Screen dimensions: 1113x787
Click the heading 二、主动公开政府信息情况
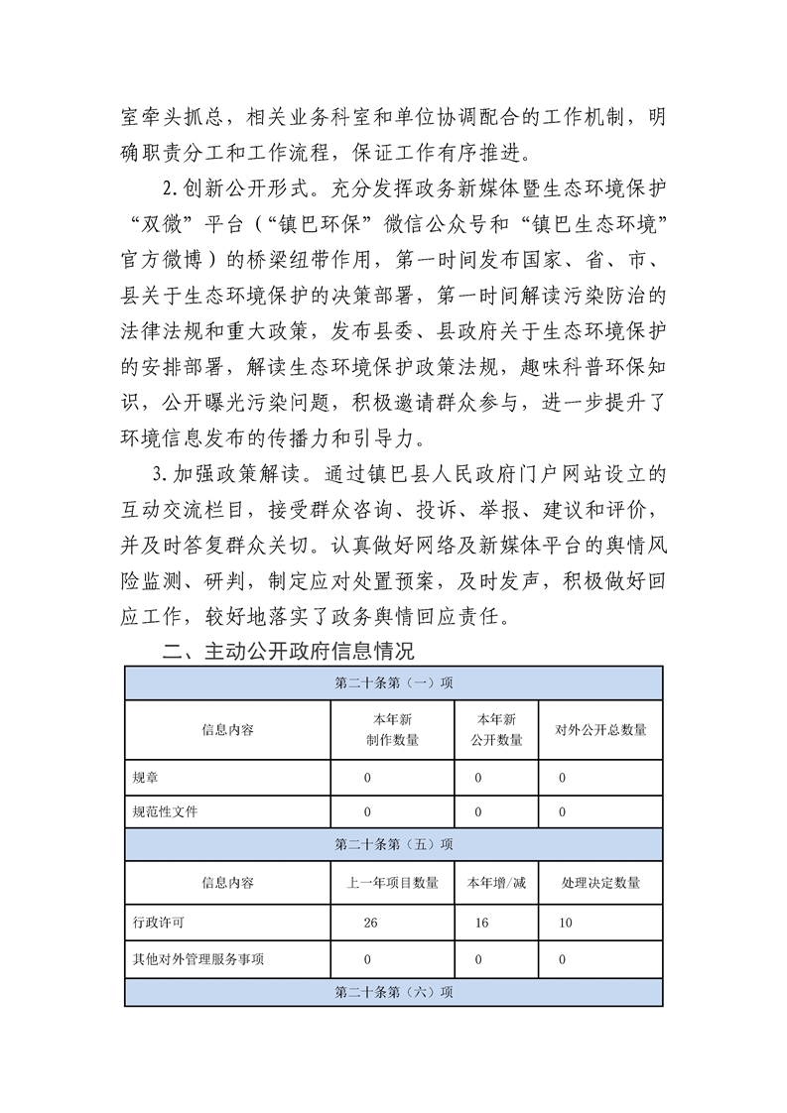pyautogui.click(x=287, y=653)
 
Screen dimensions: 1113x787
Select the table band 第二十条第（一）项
pyautogui.click(x=394, y=683)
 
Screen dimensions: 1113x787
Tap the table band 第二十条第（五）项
pyautogui.click(x=394, y=845)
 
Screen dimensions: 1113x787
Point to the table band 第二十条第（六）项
pyautogui.click(x=394, y=992)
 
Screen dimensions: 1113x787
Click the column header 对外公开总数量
pyautogui.click(x=600, y=730)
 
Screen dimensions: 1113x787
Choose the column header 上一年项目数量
pyautogui.click(x=392, y=882)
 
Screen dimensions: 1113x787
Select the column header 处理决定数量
pyautogui.click(x=600, y=882)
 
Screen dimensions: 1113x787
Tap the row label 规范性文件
pyautogui.click(x=166, y=811)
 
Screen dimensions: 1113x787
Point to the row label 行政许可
pyautogui.click(x=158, y=923)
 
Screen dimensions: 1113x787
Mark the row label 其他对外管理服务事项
pyautogui.click(x=197, y=959)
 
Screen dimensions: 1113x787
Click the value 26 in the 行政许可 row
pyautogui.click(x=370, y=923)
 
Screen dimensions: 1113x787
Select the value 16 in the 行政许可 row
pyautogui.click(x=480, y=923)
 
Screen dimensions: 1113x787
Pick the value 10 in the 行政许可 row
pyautogui.click(x=565, y=923)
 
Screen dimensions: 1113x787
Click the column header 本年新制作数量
pyautogui.click(x=392, y=730)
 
